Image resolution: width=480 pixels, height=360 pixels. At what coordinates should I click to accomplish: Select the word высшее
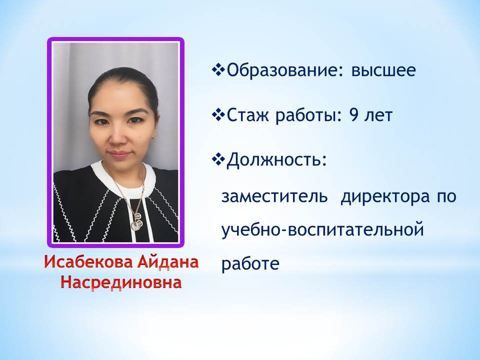click(x=383, y=70)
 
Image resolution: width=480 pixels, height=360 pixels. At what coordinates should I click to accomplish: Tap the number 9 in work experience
click(x=353, y=115)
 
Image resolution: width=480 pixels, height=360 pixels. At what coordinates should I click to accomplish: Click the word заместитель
click(x=274, y=196)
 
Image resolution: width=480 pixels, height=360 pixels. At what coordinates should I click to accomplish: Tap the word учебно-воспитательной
click(x=322, y=230)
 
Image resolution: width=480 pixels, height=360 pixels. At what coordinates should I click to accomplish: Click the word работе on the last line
click(x=250, y=263)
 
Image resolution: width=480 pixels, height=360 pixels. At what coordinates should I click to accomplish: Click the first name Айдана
click(x=168, y=262)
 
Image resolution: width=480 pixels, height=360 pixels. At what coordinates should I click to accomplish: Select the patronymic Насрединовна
click(x=121, y=282)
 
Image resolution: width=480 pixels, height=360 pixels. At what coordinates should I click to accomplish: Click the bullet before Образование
click(x=218, y=70)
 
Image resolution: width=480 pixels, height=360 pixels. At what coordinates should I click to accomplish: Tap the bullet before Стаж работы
click(x=218, y=115)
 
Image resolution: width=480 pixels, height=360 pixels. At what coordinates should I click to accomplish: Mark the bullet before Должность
click(x=218, y=160)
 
